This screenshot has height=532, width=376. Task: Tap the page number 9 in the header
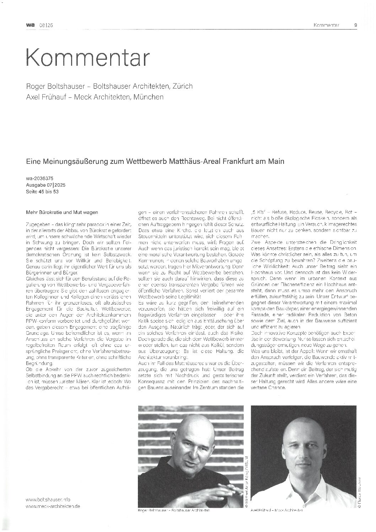pos(356,25)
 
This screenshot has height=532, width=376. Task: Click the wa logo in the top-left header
pos(30,25)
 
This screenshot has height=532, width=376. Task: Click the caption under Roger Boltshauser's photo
pos(173,510)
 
